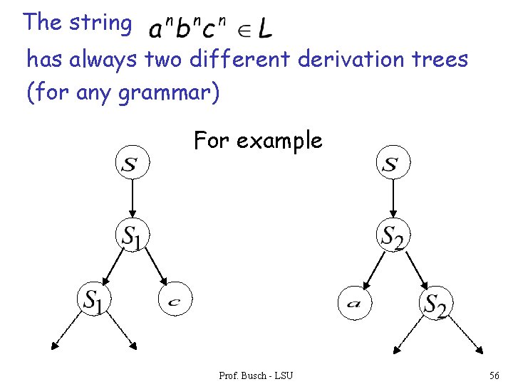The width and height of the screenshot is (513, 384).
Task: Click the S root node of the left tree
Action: pos(133,164)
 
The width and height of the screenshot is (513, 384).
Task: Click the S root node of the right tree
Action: pos(393,164)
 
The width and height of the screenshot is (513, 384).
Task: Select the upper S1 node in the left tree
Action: pos(133,235)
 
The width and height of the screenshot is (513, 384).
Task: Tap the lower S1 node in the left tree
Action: pos(95,300)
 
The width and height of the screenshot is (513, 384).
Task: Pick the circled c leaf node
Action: pos(175,302)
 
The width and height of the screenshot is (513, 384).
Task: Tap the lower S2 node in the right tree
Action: pos(436,304)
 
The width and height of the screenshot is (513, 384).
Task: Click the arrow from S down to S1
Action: pos(133,199)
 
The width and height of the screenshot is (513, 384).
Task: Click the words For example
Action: pos(258,141)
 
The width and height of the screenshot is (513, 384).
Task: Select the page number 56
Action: pos(494,374)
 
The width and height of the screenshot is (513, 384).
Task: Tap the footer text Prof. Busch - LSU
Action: pos(256,374)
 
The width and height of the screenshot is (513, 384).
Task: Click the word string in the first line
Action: pos(100,23)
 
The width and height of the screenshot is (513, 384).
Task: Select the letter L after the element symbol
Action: pos(264,29)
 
